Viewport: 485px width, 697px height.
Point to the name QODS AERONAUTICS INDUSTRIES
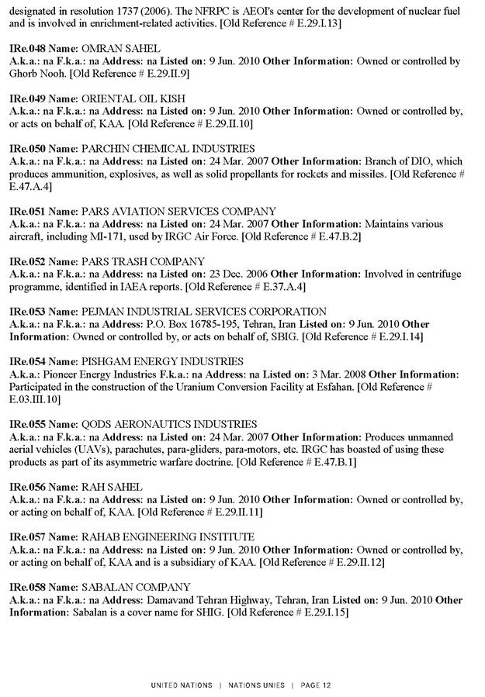(169, 424)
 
